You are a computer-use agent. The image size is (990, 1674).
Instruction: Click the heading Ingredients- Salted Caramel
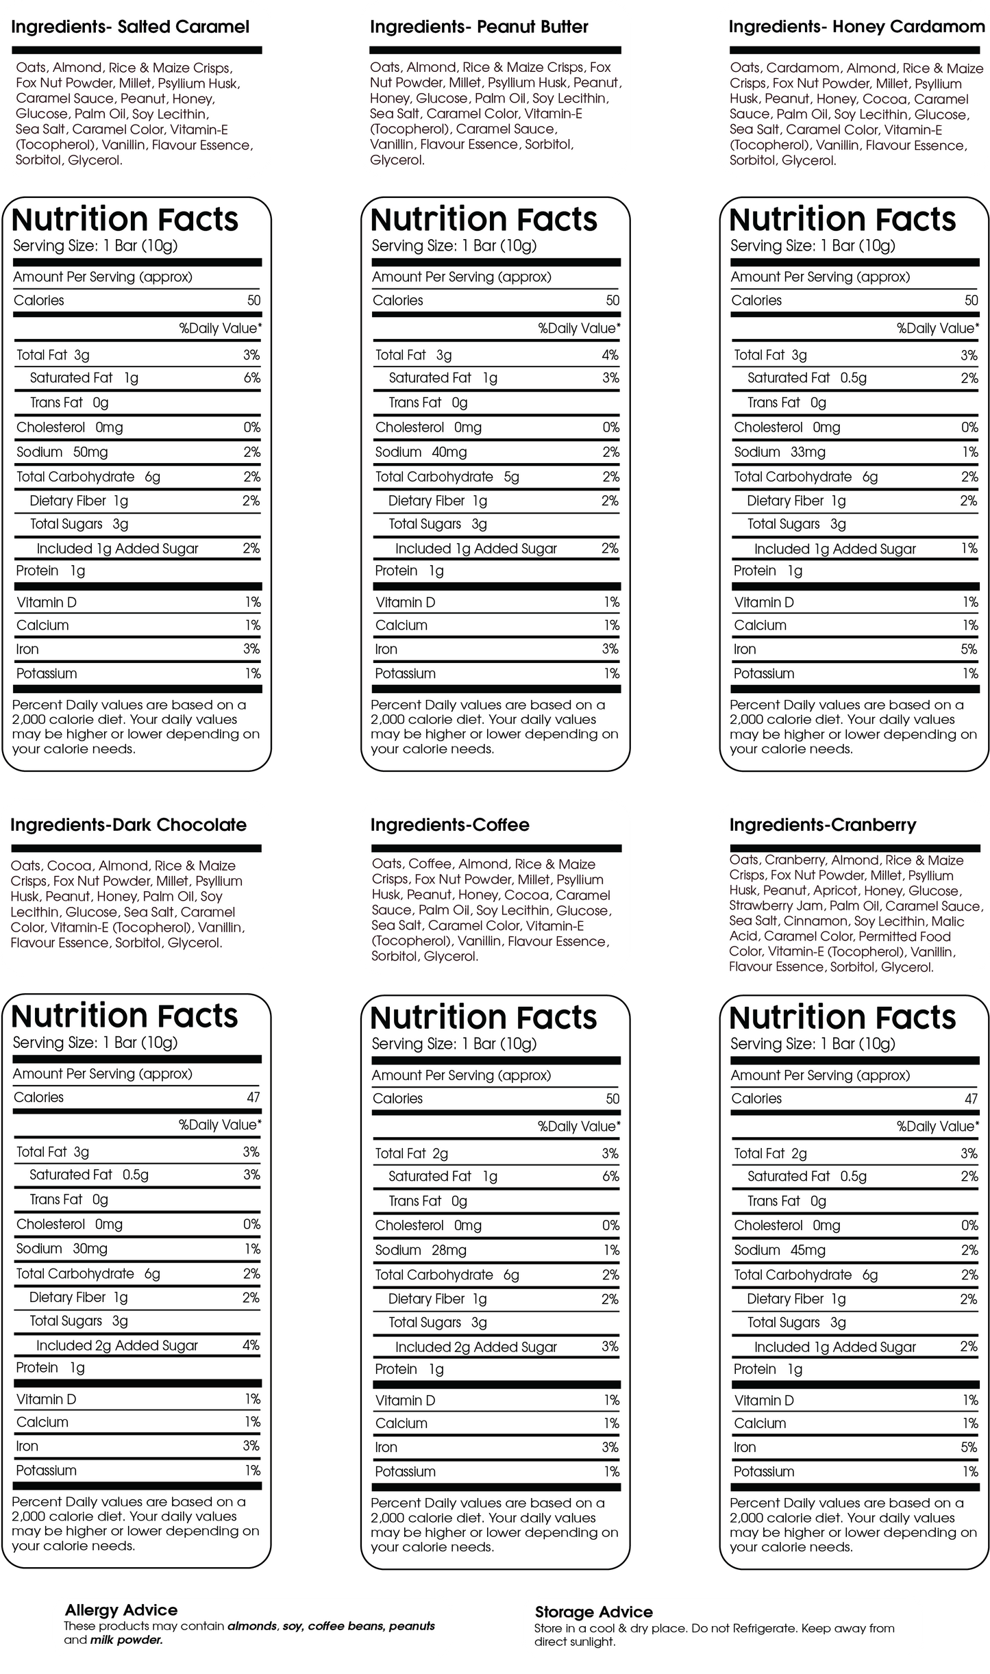[x=130, y=27]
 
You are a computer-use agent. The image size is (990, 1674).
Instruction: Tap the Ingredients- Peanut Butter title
[x=479, y=27]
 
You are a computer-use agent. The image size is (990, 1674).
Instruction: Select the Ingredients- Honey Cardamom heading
[x=856, y=27]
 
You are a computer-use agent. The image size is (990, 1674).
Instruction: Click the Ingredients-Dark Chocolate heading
[x=128, y=825]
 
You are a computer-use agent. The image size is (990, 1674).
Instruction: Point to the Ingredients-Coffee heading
[x=449, y=825]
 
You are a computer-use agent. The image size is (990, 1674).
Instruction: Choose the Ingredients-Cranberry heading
[x=822, y=825]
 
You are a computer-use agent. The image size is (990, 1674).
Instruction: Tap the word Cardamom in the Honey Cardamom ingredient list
[x=803, y=68]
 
